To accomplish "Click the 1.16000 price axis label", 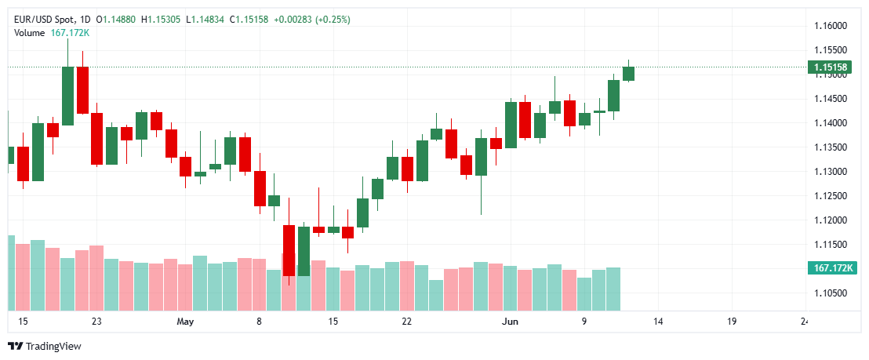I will (831, 26).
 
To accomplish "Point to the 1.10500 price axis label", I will (831, 293).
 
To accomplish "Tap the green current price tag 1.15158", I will (831, 68).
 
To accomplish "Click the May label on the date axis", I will (185, 322).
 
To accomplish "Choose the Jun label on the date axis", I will (511, 322).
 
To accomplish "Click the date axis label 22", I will (406, 322).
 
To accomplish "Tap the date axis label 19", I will (732, 322).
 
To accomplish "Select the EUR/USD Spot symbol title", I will (43, 19).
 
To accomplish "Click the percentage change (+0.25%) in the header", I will (333, 19).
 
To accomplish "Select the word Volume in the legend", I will (30, 32).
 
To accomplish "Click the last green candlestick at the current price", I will (628, 74).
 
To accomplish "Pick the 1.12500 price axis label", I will (831, 196).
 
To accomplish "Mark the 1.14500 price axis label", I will (831, 99).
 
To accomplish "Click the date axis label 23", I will (96, 322).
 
